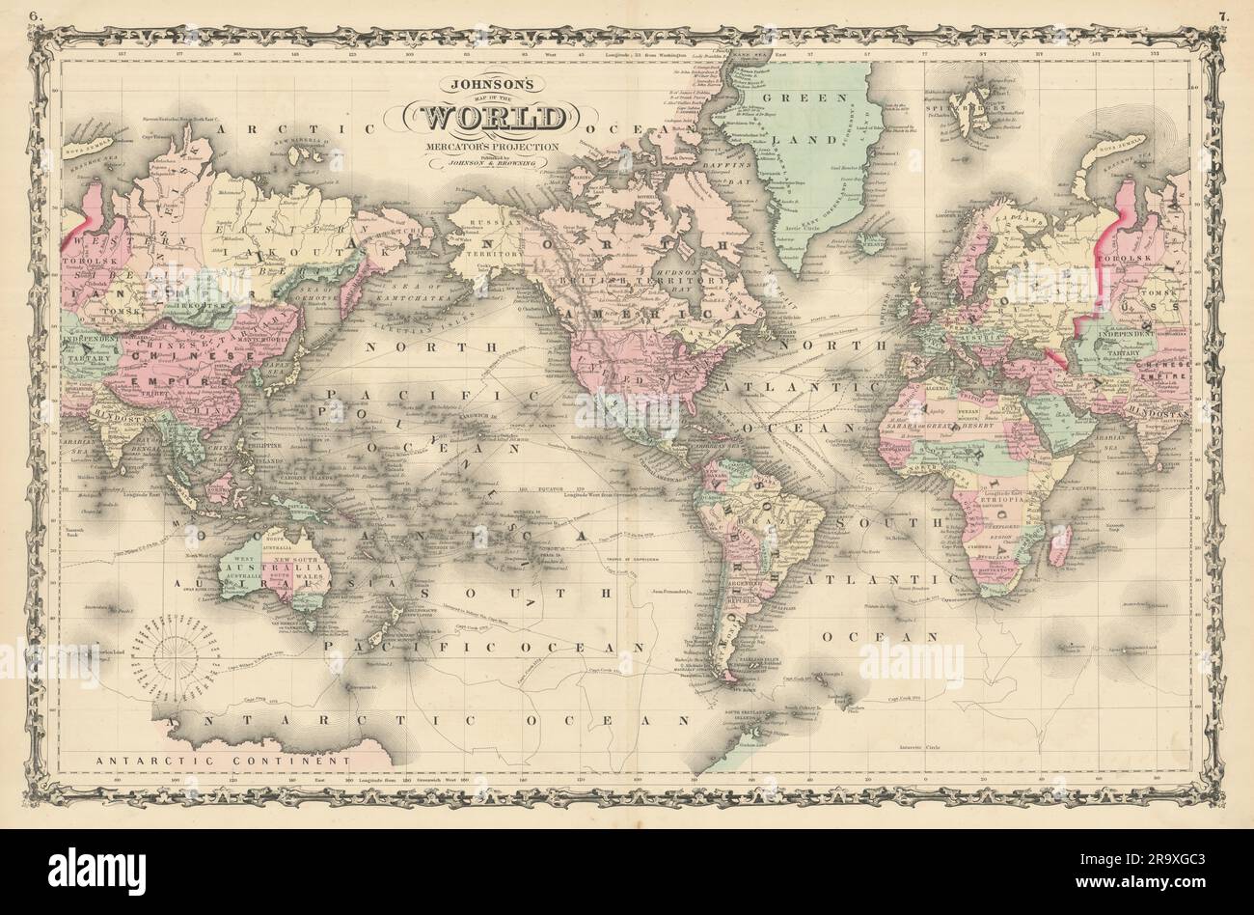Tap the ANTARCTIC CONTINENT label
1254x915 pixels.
click(x=221, y=760)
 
